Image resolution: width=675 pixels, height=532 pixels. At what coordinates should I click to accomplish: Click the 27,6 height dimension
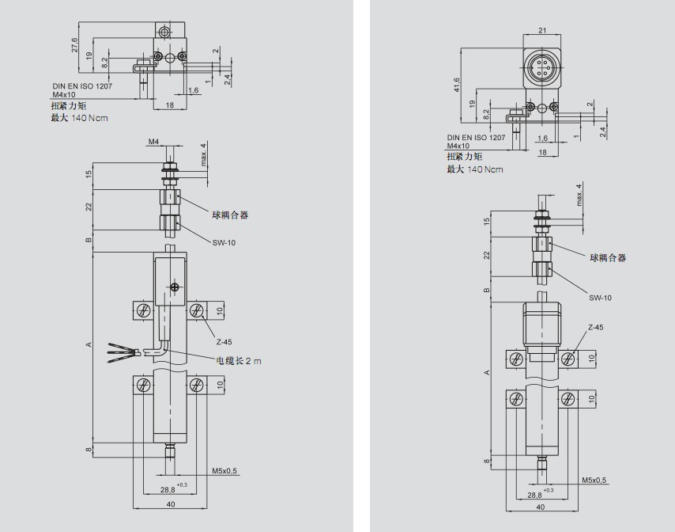pos(75,45)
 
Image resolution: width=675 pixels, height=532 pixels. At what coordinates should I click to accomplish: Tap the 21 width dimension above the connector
pos(542,29)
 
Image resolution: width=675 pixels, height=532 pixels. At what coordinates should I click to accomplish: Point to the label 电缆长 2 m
pos(239,360)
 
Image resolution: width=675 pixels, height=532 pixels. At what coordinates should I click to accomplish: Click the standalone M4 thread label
pos(153,142)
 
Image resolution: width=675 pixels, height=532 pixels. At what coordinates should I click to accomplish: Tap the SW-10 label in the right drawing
pos(600,298)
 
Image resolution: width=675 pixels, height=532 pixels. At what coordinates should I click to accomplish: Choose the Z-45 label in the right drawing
pos(596,328)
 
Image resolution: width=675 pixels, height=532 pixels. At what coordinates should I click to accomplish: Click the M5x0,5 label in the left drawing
pos(224,471)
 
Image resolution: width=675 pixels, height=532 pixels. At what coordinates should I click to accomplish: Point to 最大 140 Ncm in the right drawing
pos(474,169)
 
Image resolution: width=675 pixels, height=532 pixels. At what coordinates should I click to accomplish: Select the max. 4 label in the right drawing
pos(579,194)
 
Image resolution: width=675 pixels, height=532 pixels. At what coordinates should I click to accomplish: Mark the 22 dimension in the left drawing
pos(89,207)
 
